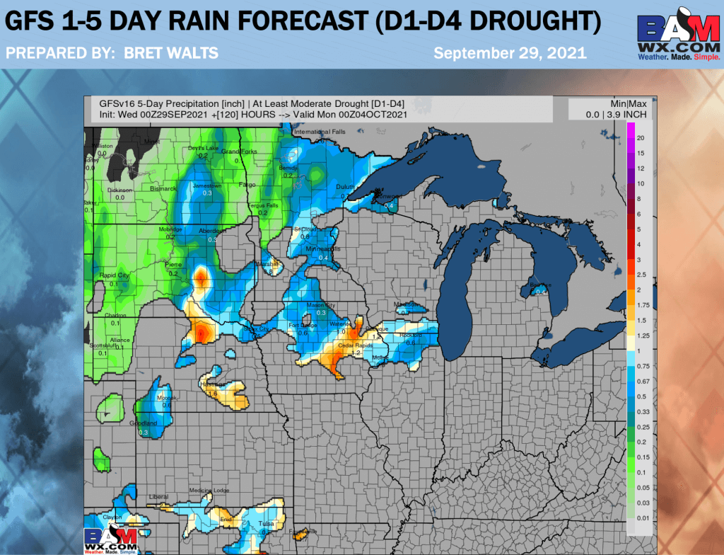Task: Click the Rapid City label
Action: (114, 275)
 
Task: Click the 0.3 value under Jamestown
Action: (207, 193)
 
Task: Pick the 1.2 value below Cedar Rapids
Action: (357, 352)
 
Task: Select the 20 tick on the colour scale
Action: (640, 137)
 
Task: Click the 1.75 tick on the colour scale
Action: (642, 304)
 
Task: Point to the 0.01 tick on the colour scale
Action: (642, 518)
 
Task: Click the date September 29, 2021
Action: (509, 53)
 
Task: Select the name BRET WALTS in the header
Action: (170, 53)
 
